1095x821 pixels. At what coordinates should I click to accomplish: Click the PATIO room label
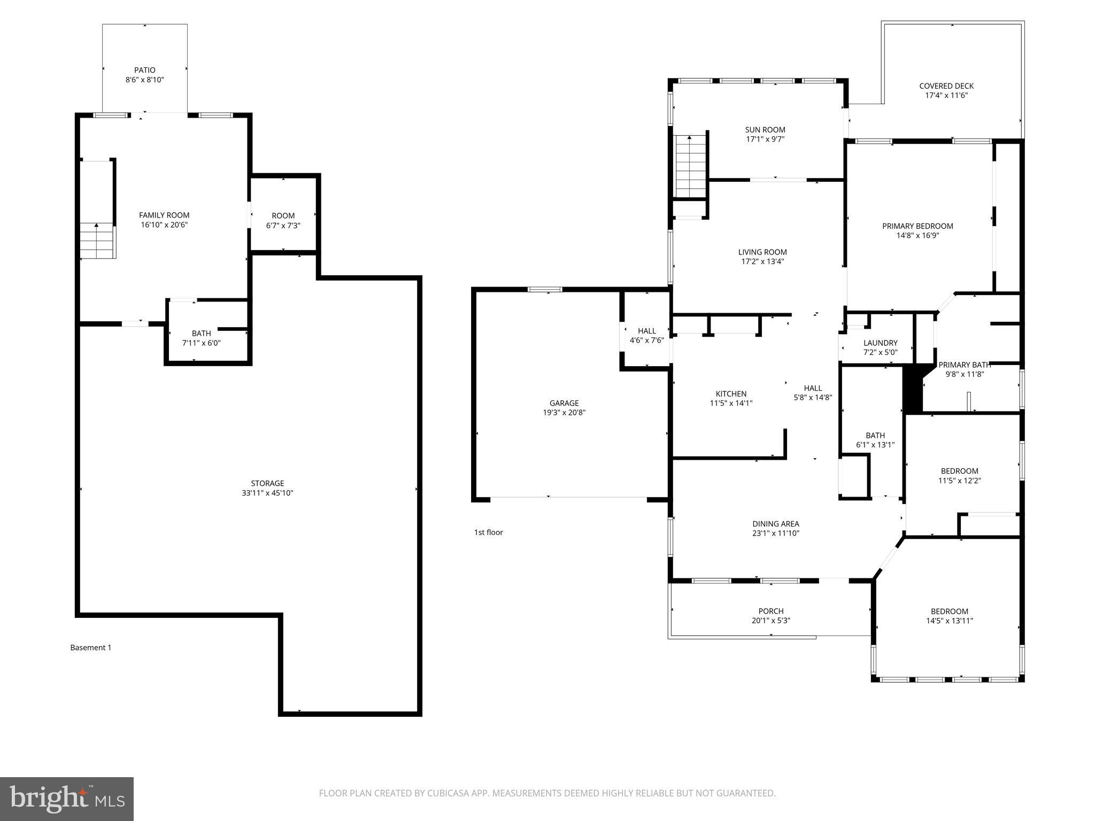coord(145,70)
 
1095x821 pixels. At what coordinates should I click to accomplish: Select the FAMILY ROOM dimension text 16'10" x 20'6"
coord(164,225)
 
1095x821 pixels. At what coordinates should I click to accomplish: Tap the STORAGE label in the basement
coord(267,483)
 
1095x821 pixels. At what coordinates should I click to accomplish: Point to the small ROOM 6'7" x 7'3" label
coord(283,216)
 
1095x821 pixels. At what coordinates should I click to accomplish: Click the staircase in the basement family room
coord(98,241)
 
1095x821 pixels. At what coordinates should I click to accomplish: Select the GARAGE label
coord(564,403)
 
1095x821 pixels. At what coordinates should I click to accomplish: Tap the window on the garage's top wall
coord(545,290)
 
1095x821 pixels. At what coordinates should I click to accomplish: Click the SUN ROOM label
coord(765,129)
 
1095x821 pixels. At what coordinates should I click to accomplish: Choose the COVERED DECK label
coord(946,86)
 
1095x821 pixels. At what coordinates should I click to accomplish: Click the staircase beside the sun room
coord(690,166)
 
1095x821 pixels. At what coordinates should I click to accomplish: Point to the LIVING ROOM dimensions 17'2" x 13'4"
coord(762,262)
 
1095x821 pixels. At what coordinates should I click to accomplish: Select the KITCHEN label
coord(731,394)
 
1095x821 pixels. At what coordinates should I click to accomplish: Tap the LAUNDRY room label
coord(880,343)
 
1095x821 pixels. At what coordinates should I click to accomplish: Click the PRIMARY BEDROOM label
coord(917,226)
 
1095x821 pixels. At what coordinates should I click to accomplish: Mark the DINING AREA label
coord(775,524)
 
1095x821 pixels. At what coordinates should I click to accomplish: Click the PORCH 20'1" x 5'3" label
coord(771,616)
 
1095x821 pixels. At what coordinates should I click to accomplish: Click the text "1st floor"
coord(488,532)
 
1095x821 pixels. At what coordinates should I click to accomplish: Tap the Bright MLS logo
coord(66,799)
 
